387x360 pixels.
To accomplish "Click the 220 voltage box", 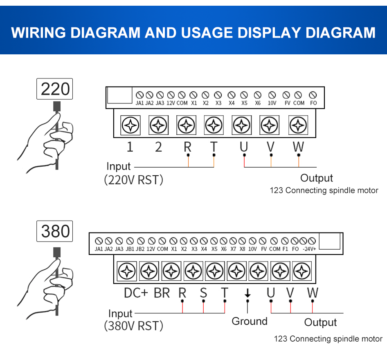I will [55, 89].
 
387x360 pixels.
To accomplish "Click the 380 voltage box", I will [55, 232].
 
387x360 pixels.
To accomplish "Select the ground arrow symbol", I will [247, 293].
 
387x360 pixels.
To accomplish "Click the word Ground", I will [250, 321].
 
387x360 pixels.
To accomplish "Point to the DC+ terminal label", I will [136, 293].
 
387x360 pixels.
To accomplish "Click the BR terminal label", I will [162, 293].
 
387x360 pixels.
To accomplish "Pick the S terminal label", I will [203, 293].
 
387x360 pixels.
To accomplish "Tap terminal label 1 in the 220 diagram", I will [130, 147].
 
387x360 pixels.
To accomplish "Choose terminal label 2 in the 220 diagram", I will [159, 147].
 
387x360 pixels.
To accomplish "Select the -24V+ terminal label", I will [309, 249].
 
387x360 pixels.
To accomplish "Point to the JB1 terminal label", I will [130, 249].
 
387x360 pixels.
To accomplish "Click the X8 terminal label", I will [242, 249].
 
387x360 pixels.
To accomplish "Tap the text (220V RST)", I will [134, 180].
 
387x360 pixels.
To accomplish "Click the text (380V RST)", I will [134, 326].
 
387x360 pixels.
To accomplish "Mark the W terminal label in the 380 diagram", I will [313, 293].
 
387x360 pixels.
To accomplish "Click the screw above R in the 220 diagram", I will [186, 125].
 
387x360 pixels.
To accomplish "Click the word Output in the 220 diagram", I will [317, 178].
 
